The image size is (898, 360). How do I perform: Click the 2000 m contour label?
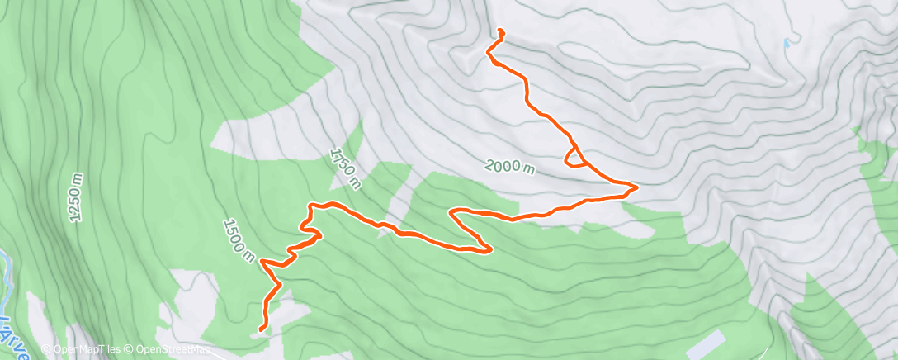tap(509, 166)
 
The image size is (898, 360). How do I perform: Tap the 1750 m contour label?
tap(344, 168)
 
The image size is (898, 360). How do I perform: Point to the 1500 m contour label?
tap(238, 240)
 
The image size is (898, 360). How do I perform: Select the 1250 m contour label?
tap(76, 197)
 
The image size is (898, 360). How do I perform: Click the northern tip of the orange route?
tap(500, 31)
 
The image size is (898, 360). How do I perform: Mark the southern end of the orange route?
tap(261, 329)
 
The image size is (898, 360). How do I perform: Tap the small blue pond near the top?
tap(787, 42)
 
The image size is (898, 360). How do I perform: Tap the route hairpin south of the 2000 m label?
tap(451, 213)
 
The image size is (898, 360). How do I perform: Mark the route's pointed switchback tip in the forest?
tap(491, 250)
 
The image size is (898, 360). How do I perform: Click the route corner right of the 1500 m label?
tap(262, 262)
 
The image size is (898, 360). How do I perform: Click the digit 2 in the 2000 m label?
tap(489, 163)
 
